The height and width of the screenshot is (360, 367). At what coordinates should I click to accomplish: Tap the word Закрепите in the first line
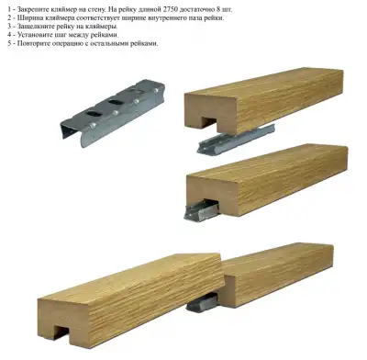tap(31, 9)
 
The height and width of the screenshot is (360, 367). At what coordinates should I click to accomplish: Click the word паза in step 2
tap(200, 17)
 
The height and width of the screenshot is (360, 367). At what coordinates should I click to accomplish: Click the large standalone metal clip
tap(113, 113)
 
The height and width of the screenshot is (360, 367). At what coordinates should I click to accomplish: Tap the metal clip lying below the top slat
tap(236, 140)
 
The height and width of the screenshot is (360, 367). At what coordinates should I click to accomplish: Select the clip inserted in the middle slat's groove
tap(202, 209)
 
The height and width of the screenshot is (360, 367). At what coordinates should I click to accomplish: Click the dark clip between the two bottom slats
tap(202, 302)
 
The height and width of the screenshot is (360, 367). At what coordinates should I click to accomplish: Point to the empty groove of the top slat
tap(207, 121)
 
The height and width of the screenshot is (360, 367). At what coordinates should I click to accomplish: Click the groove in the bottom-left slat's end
tap(62, 332)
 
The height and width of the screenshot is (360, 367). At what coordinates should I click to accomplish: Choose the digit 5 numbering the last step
tap(9, 43)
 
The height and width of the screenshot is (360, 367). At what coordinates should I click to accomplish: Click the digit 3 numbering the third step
tap(9, 27)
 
